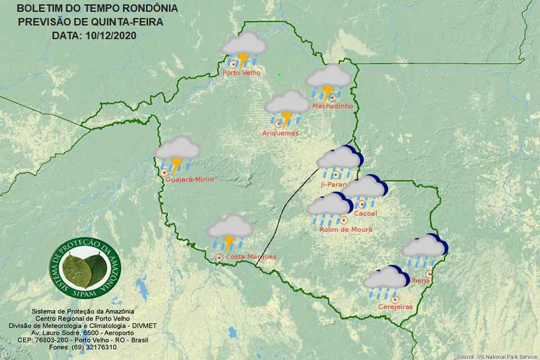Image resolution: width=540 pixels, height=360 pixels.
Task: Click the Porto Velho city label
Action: pos(241,73)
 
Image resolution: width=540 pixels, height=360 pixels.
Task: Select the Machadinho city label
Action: pos(332,106)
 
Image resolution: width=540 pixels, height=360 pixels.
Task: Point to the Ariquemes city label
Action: pos(280,133)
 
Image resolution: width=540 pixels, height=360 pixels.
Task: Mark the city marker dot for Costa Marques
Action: pos(219,258)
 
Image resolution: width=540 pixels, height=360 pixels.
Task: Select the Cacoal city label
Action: pos(366,214)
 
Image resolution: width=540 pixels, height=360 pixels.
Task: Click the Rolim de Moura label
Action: pos(345,229)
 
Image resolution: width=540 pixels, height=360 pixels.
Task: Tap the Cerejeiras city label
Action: pos(395,307)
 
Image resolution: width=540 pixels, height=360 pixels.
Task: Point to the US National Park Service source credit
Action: pos(497,357)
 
